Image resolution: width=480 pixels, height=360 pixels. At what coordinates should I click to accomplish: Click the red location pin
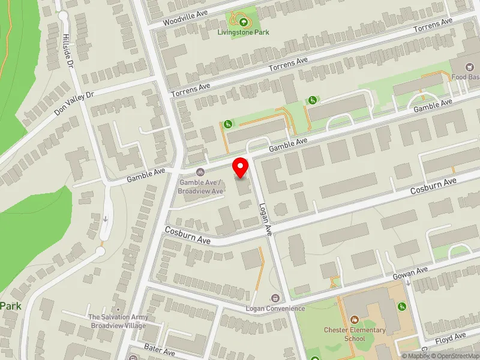click(x=241, y=167)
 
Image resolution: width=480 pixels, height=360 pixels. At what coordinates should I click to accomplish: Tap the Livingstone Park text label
click(x=242, y=32)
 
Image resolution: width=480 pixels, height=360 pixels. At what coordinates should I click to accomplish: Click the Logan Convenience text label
click(x=275, y=308)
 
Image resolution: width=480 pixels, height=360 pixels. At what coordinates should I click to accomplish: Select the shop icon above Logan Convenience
click(x=275, y=298)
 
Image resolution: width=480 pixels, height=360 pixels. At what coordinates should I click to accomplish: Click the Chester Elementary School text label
click(x=355, y=334)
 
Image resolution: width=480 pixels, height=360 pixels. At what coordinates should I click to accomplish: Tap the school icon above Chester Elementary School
click(x=355, y=320)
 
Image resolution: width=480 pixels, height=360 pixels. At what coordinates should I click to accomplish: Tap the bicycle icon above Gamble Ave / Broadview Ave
click(x=200, y=173)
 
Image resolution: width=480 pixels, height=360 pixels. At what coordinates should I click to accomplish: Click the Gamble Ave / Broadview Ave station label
click(x=200, y=187)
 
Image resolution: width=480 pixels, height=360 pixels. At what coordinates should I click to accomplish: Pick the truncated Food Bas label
click(x=466, y=77)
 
